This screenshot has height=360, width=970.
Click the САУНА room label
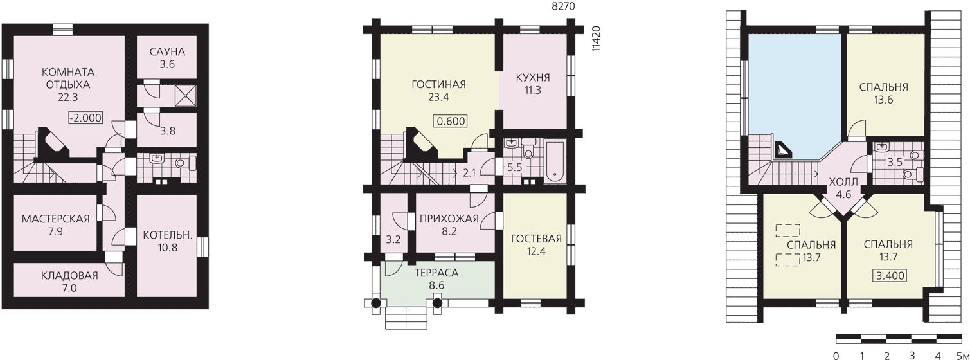[x=167, y=52]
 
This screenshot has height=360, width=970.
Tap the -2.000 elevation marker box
[x=85, y=118]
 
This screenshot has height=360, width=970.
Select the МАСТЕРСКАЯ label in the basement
[x=55, y=219]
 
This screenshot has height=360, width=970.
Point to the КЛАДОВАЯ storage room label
[x=69, y=276]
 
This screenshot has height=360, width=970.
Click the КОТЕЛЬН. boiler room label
[x=168, y=235]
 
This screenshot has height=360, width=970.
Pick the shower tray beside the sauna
[x=186, y=95]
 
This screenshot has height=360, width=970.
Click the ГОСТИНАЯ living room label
[x=438, y=84]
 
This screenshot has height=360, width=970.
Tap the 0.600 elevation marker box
[x=451, y=122]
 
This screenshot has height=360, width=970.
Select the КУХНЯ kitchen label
[x=533, y=78]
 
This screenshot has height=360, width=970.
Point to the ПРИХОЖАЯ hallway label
[x=449, y=219]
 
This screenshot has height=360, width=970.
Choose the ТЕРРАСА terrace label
[x=436, y=273]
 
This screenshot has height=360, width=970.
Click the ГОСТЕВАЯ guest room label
[x=536, y=239]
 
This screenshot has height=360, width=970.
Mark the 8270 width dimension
[x=563, y=6]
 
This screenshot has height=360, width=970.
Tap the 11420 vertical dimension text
[x=597, y=39]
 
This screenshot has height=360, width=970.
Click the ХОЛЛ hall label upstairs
[x=843, y=182]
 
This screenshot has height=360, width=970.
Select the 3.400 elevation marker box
[x=891, y=276]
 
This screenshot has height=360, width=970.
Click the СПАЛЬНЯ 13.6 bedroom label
[x=883, y=93]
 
